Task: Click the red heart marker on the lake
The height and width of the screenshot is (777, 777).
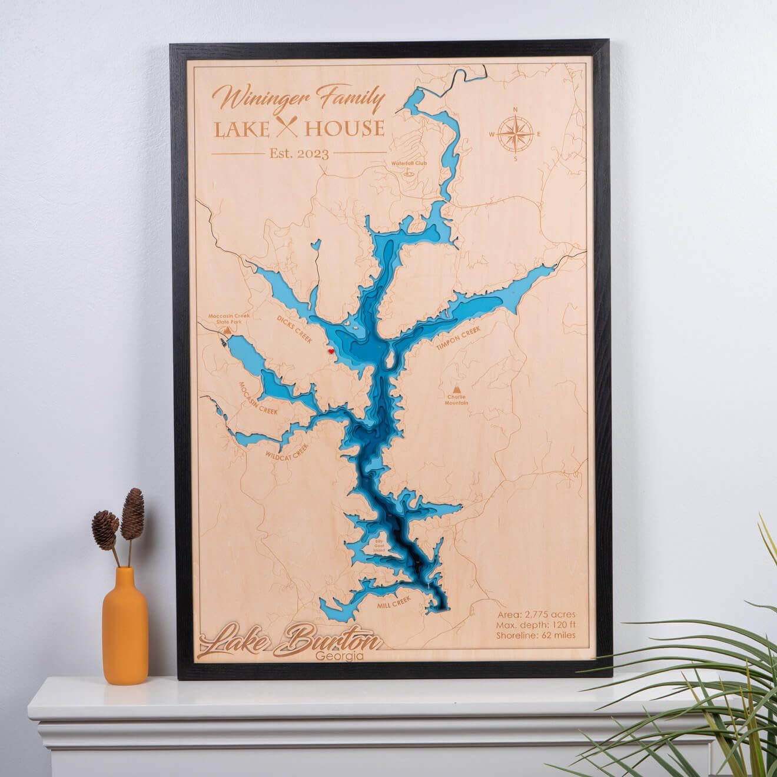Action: click(331, 351)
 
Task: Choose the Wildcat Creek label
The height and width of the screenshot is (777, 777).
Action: click(287, 451)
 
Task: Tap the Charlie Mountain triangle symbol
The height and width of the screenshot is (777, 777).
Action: click(456, 390)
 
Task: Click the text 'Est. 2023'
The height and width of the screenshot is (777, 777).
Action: click(299, 153)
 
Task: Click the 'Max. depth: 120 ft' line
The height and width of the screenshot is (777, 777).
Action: click(536, 625)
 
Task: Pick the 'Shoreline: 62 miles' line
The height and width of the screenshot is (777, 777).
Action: click(536, 635)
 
